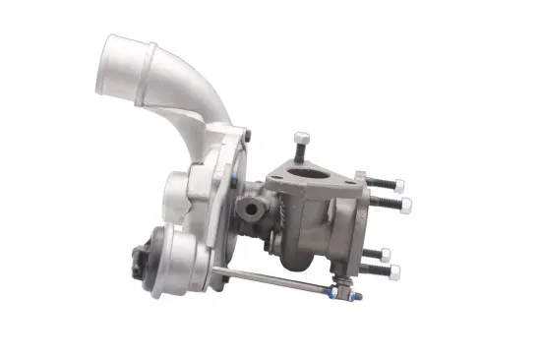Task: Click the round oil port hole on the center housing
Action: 253,207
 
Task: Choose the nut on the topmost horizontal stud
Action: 399,183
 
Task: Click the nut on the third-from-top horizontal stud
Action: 386,253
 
